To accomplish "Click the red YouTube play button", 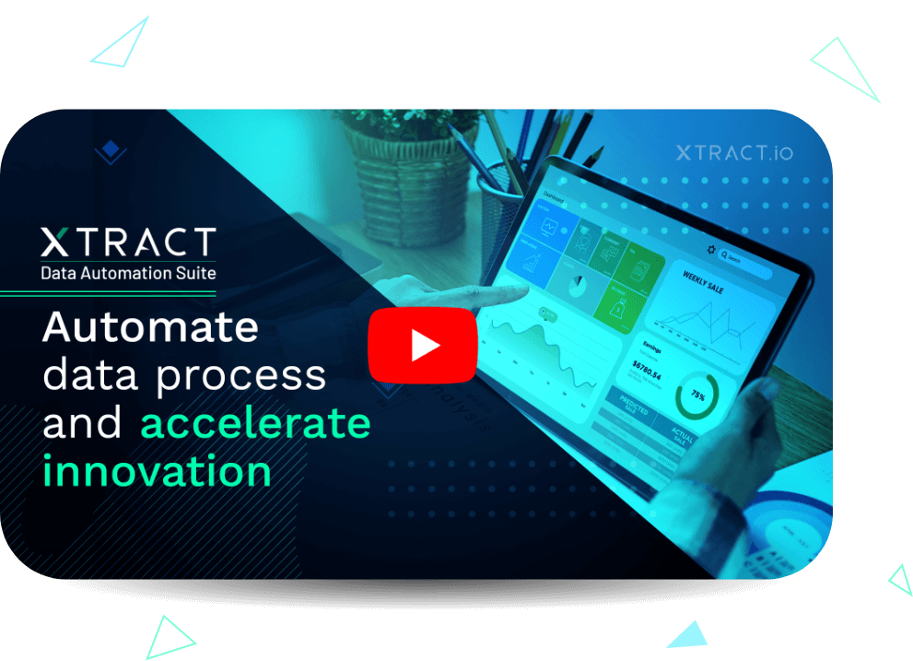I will coord(423,344).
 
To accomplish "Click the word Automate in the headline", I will coord(150,327).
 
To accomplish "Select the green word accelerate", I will coord(255,423).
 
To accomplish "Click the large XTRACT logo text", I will coord(128,242).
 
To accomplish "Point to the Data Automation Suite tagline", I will coord(128,273).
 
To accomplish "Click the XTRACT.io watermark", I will coord(733,153).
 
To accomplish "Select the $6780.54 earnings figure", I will coord(651,369).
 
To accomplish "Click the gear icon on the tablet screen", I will coord(710,249).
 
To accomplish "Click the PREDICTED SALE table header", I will coord(632,412).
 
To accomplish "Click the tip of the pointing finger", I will coord(527,290).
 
